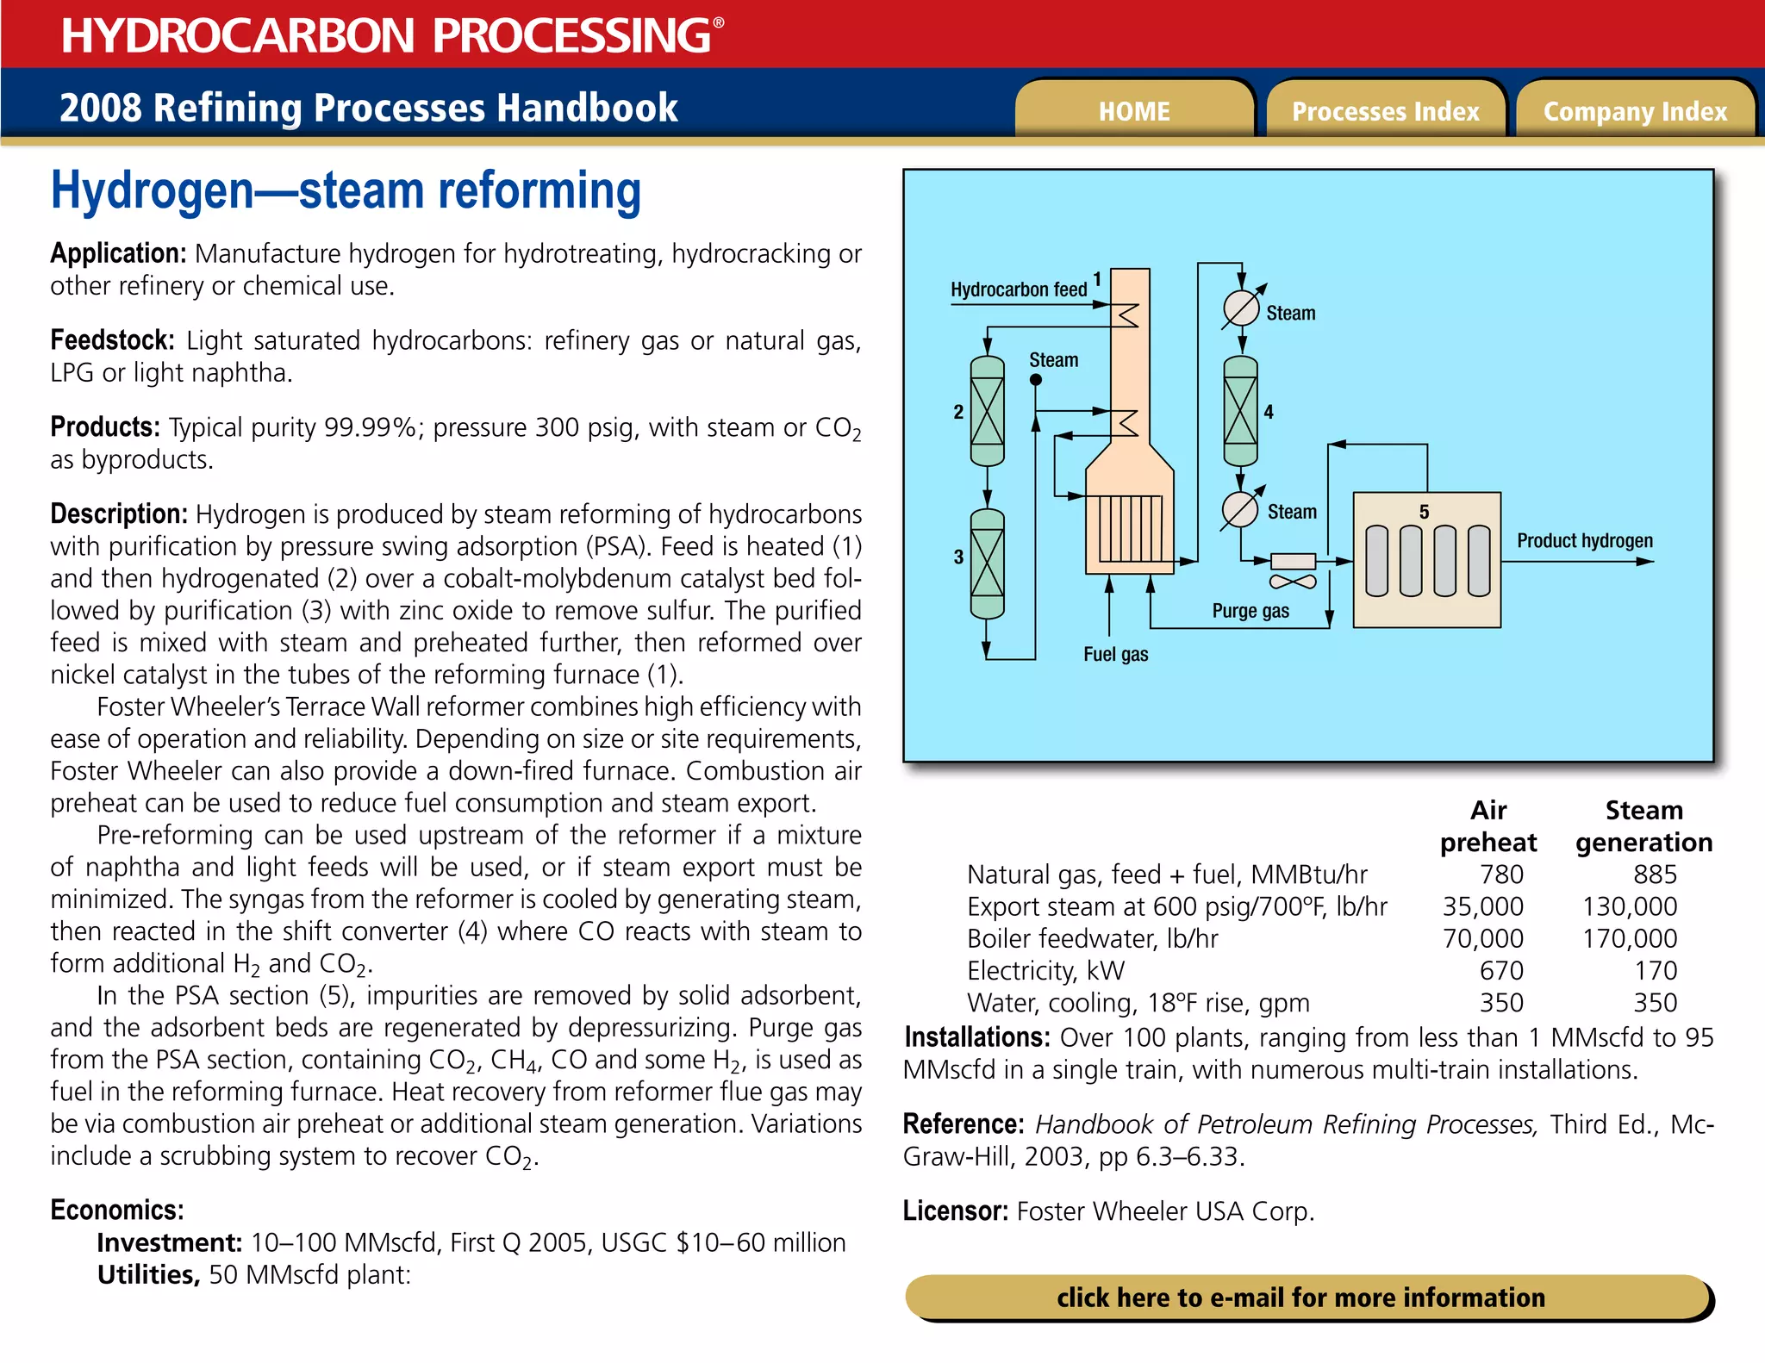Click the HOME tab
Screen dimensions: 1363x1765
coord(1133,111)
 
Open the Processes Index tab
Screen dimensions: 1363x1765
coord(1385,111)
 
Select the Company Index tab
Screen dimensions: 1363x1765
coord(1635,111)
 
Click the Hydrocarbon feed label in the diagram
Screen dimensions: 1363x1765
coord(1018,289)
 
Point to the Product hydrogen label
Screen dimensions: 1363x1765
coord(1584,541)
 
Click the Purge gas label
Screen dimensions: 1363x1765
coord(1250,611)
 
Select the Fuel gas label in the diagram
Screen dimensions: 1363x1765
coord(1115,655)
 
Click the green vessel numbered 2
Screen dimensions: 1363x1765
coord(987,411)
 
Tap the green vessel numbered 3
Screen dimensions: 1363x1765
coord(987,563)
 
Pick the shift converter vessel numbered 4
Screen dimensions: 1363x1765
coord(1240,411)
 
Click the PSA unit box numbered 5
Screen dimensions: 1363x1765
coord(1426,560)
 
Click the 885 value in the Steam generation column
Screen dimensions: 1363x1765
coord(1654,874)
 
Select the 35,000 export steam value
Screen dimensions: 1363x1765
coord(1482,906)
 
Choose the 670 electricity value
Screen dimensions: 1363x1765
coord(1500,971)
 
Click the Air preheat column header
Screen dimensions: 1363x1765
coord(1487,826)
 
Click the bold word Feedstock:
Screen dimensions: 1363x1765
coord(112,340)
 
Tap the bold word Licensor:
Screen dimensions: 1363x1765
coord(955,1211)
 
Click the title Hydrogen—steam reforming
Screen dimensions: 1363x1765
coord(346,191)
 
